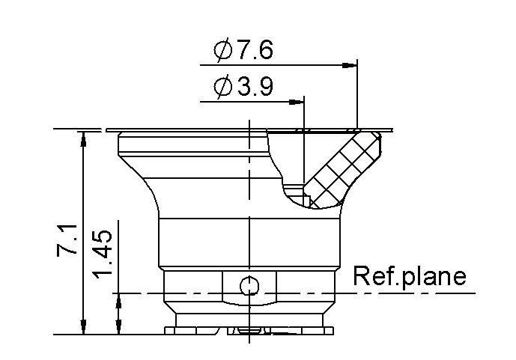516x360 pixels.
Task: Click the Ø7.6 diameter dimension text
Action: click(243, 50)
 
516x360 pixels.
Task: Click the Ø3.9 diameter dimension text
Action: click(243, 86)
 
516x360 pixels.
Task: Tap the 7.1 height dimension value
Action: click(67, 240)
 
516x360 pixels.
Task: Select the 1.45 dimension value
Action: click(103, 254)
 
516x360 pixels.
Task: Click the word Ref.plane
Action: click(410, 277)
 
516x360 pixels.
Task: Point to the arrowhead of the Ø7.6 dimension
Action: click(350, 65)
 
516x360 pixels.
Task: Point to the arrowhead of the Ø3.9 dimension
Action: click(297, 102)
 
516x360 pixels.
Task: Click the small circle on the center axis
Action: click(249, 287)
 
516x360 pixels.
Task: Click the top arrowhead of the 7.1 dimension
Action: click(83, 138)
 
